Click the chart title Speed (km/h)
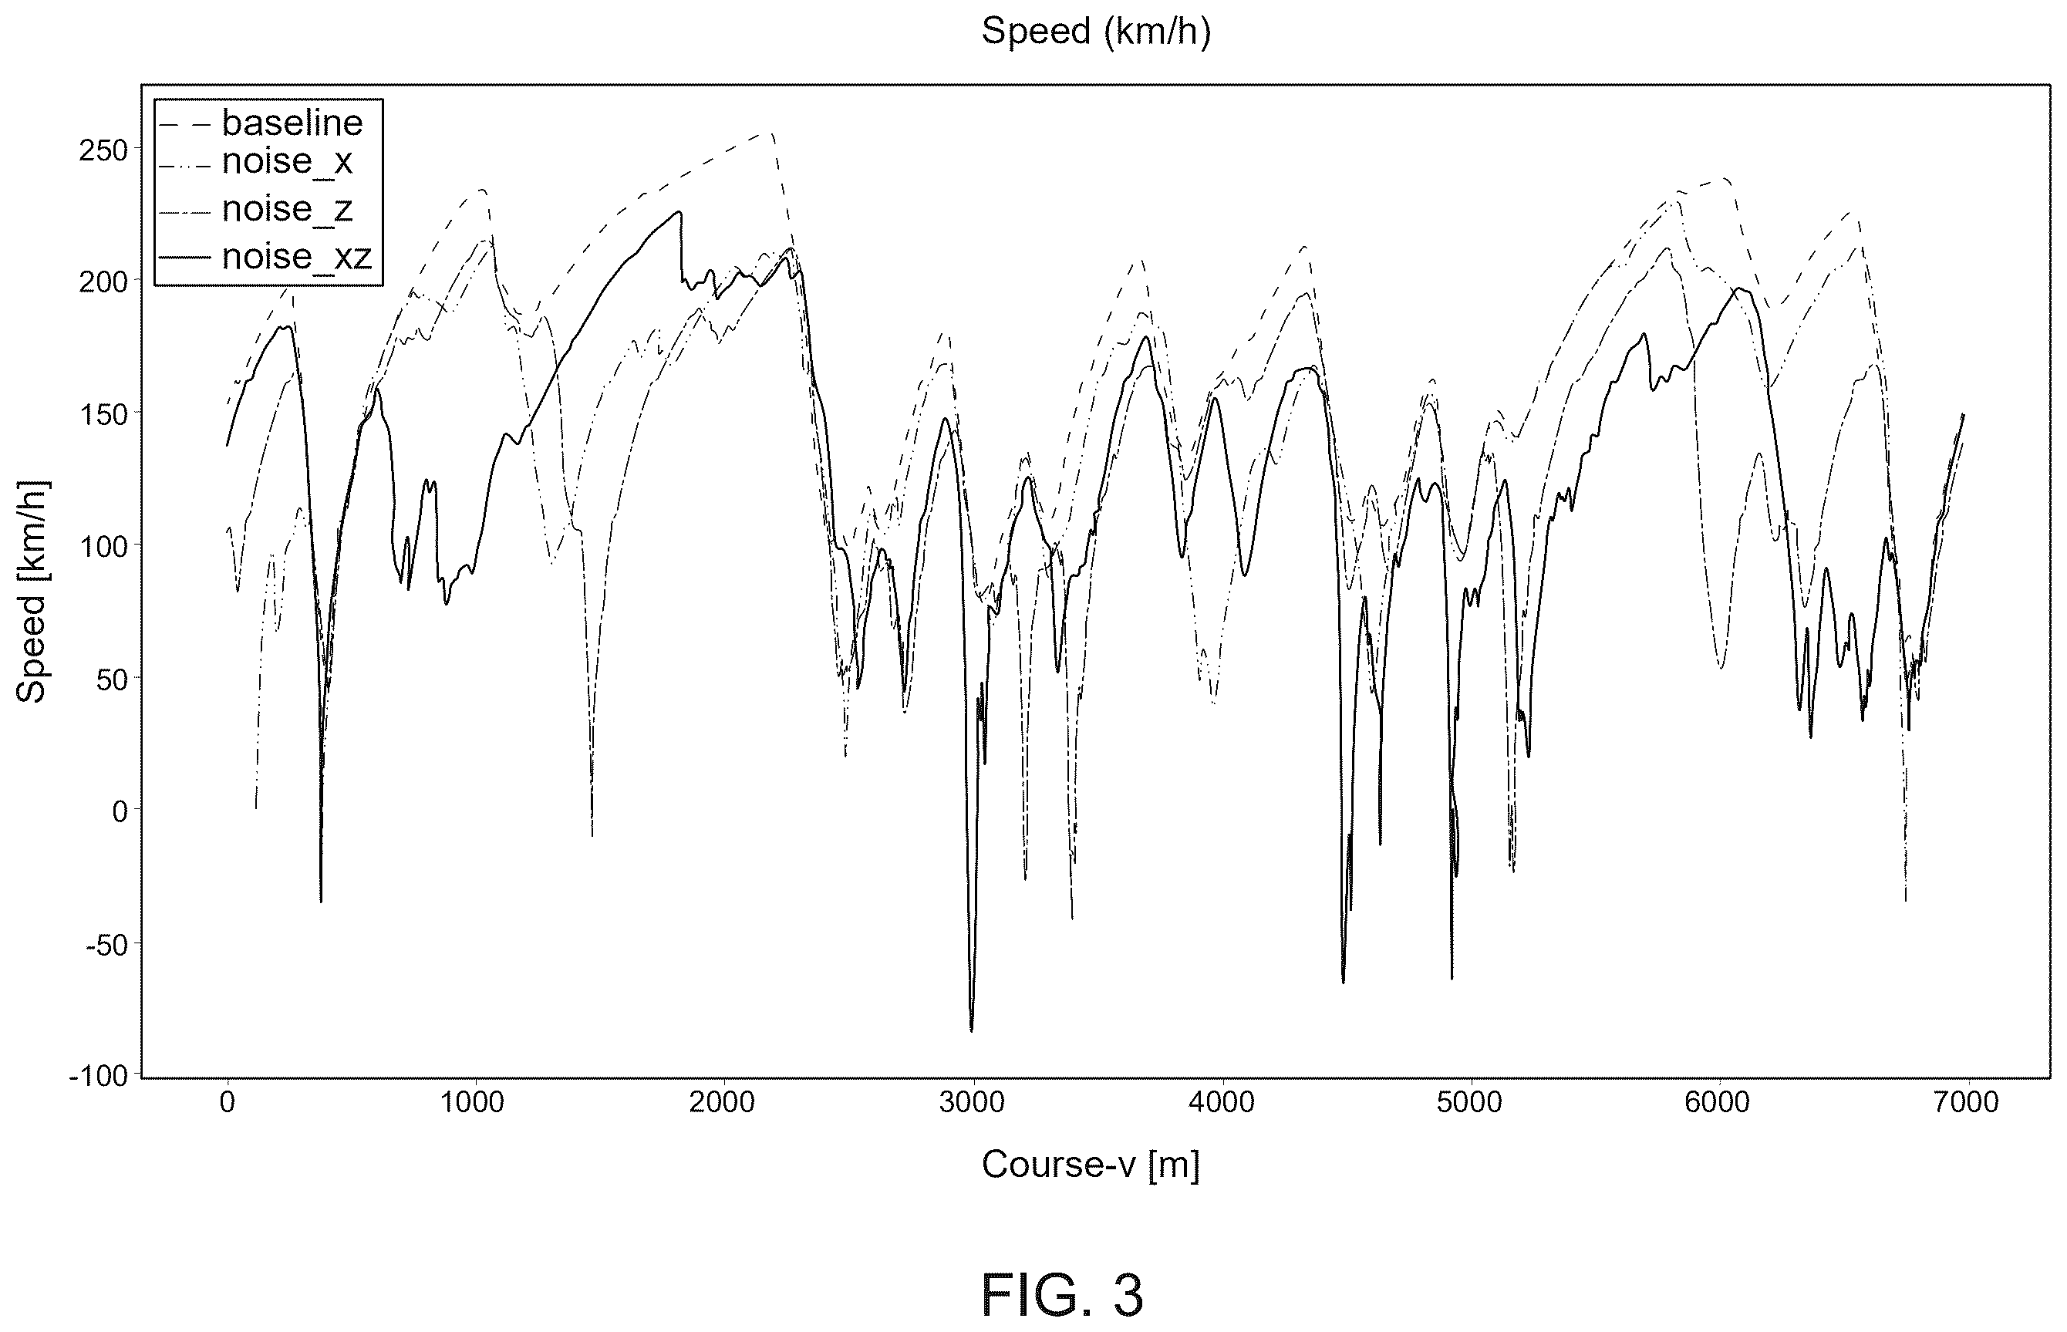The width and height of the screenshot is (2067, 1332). click(x=1095, y=32)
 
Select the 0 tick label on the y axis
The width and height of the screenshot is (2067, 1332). click(x=120, y=811)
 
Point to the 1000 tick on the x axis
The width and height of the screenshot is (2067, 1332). click(x=476, y=1103)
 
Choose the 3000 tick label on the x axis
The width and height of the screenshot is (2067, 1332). click(x=973, y=1103)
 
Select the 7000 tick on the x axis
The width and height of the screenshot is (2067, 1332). click(x=1968, y=1103)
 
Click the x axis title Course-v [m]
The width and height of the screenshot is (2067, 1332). click(x=1090, y=1166)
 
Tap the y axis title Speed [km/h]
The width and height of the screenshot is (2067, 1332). click(x=32, y=592)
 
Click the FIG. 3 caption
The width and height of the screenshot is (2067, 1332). click(x=1062, y=1295)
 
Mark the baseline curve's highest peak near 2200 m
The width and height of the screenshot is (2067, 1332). click(x=770, y=133)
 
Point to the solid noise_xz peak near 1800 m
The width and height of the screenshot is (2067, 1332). click(x=679, y=212)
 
